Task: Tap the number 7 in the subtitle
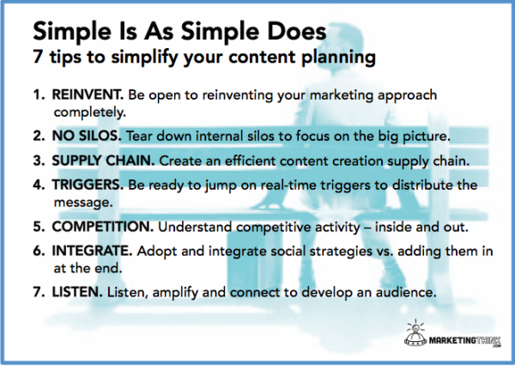[x=38, y=57]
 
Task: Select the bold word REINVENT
[x=88, y=95]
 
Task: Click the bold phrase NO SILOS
[x=87, y=136]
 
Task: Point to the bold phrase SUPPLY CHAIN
[x=103, y=161]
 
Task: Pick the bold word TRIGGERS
[x=88, y=185]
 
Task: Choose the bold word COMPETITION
[x=103, y=227]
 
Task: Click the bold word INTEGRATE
[x=92, y=251]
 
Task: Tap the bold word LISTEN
[x=77, y=292]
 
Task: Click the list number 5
[x=39, y=227]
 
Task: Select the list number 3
[x=39, y=161]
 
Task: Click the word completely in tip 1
[x=89, y=113]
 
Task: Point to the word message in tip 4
[x=83, y=202]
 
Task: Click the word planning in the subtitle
[x=338, y=58]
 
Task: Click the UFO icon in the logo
[x=415, y=333]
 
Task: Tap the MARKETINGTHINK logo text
[x=464, y=340]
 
